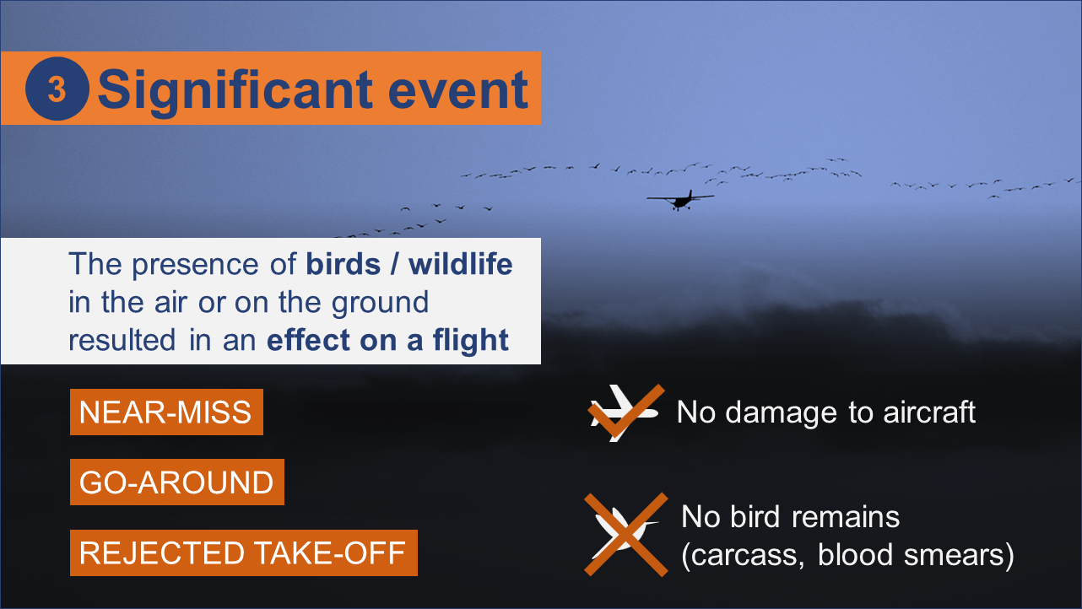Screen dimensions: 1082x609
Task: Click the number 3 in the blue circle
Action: tap(57, 89)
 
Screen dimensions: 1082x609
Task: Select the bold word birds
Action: tap(344, 264)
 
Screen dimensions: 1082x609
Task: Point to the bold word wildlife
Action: tap(460, 264)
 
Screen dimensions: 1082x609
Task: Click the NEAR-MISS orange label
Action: tap(166, 412)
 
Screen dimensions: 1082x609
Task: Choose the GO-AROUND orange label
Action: tap(177, 482)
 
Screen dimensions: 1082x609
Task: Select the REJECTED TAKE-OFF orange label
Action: tap(244, 552)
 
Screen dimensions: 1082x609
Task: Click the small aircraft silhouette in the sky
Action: tap(680, 199)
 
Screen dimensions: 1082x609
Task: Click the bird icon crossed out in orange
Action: tap(626, 535)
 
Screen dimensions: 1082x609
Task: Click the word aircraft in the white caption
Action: tap(929, 412)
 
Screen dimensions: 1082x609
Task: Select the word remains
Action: tap(846, 517)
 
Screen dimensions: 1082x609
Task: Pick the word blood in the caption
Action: tap(855, 555)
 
